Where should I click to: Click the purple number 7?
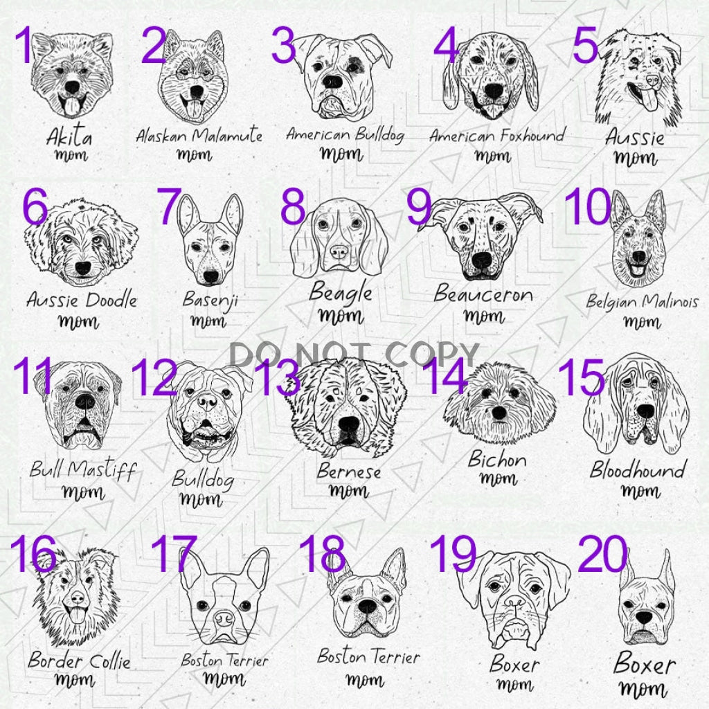point(170,206)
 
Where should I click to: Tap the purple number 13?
point(277,378)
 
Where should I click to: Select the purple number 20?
point(603,554)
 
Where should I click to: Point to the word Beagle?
point(341,293)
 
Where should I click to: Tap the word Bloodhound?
point(638,470)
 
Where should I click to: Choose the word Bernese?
point(349,471)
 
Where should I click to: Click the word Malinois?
point(670,302)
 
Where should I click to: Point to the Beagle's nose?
point(339,251)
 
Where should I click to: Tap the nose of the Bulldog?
point(208,401)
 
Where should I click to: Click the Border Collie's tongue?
point(77,614)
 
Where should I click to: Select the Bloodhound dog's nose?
point(645,411)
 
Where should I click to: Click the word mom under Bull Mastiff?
point(83,492)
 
